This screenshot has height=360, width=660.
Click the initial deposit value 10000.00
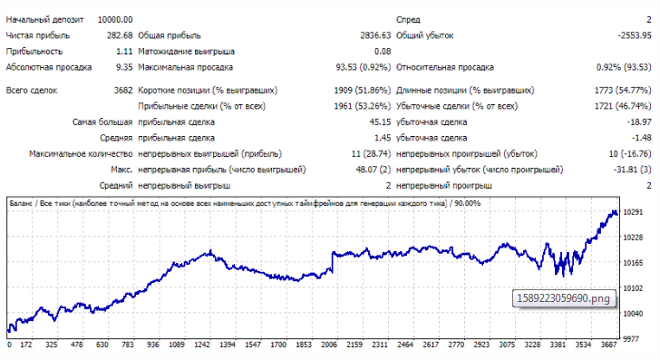(x=115, y=20)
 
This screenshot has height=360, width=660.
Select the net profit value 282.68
(x=120, y=35)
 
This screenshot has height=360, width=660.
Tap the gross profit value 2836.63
(x=375, y=35)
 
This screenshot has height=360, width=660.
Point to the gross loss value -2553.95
(x=635, y=35)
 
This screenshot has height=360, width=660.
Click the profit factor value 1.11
(x=124, y=52)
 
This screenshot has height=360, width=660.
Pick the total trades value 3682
(x=123, y=91)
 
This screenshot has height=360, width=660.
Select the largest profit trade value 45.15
(x=380, y=122)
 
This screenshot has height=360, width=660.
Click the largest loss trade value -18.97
(x=639, y=122)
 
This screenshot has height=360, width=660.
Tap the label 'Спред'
(x=408, y=20)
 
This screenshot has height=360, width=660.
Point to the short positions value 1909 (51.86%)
(x=363, y=91)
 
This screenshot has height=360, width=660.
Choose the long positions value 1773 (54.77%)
(x=623, y=91)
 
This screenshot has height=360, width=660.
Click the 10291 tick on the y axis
(x=633, y=212)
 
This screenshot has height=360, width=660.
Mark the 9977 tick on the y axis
(x=631, y=339)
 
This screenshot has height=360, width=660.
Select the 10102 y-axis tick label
(x=633, y=288)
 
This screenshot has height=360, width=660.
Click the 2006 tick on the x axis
(x=329, y=345)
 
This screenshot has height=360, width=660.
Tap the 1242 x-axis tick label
(x=202, y=345)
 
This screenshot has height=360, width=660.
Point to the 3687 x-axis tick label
(x=608, y=345)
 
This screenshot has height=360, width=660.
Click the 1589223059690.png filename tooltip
(x=564, y=298)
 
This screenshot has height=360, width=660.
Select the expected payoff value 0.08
(x=383, y=52)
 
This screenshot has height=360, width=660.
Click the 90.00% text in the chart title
(x=467, y=203)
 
